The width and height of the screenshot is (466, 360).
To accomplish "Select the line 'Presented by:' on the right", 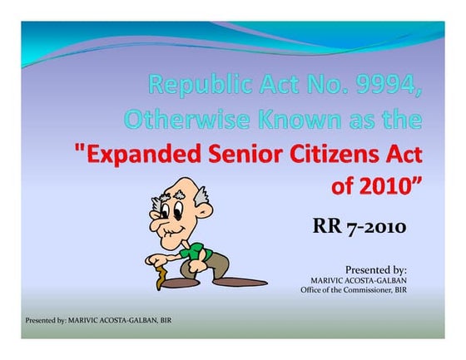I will pyautogui.click(x=375, y=269).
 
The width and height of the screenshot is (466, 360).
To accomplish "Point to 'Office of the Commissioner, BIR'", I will pyautogui.click(x=353, y=290).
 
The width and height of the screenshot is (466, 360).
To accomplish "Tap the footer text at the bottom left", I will pyautogui.click(x=98, y=319).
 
